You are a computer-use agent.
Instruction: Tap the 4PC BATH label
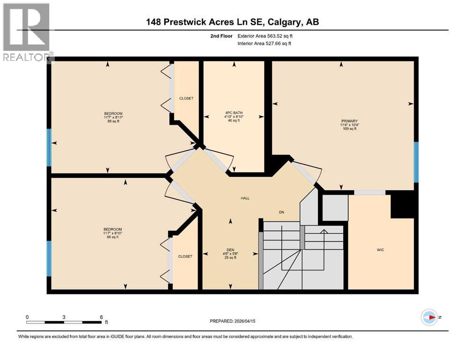click(233, 113)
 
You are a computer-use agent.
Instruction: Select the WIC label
click(380, 250)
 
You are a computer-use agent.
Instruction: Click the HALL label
click(245, 198)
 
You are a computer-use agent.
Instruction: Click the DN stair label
click(281, 212)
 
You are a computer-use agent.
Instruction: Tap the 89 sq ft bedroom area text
click(113, 121)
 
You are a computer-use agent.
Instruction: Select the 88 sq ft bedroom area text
click(113, 237)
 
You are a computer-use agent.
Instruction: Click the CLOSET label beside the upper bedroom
click(186, 98)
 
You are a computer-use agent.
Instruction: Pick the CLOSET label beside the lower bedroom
click(185, 256)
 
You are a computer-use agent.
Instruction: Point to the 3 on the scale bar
click(64, 316)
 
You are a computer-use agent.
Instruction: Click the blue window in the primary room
click(415, 161)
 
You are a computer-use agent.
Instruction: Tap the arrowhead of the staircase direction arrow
click(323, 231)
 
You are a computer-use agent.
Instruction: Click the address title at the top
click(233, 22)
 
